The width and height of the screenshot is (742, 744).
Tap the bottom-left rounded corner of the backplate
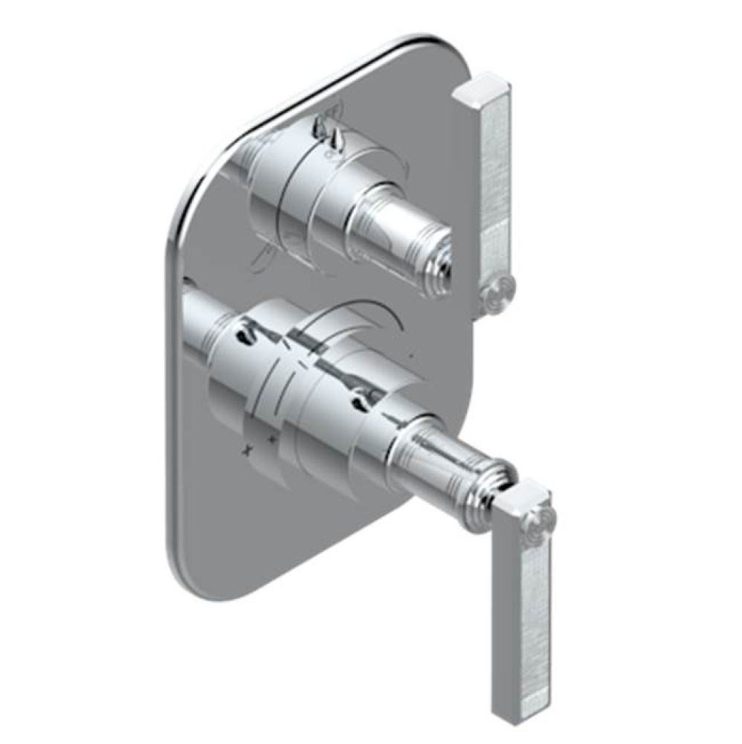click(x=182, y=569)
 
